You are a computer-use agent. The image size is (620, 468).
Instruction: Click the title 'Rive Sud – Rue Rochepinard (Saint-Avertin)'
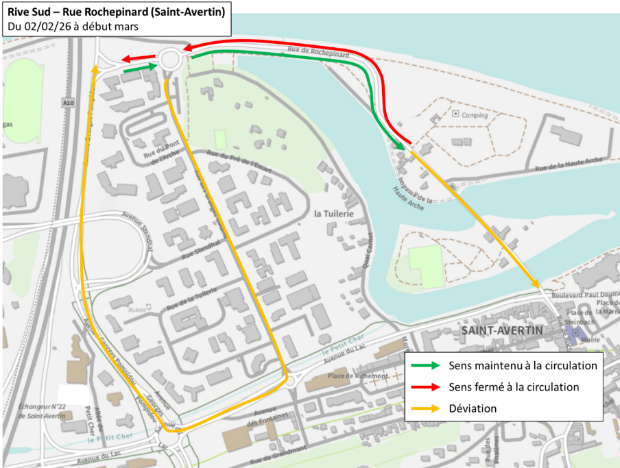click(x=115, y=11)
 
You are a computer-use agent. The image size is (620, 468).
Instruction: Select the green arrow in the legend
click(x=425, y=366)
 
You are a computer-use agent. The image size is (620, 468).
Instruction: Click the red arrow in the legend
click(x=425, y=387)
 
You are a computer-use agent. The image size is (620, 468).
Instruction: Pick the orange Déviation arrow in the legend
click(x=425, y=408)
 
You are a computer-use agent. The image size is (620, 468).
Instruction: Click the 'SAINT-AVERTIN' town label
click(x=502, y=330)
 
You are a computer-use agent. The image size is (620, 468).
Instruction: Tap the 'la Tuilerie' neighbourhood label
click(x=333, y=214)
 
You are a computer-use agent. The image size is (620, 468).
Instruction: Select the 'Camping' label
click(x=474, y=115)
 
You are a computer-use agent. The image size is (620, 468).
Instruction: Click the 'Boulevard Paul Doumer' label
click(x=582, y=295)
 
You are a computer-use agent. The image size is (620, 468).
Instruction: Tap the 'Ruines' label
click(x=138, y=310)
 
